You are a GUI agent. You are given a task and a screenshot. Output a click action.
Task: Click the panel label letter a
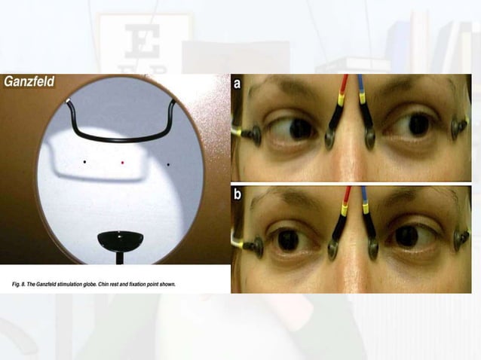tap(237, 84)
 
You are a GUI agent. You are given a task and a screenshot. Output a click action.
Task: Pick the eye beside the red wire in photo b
tap(287, 239)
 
